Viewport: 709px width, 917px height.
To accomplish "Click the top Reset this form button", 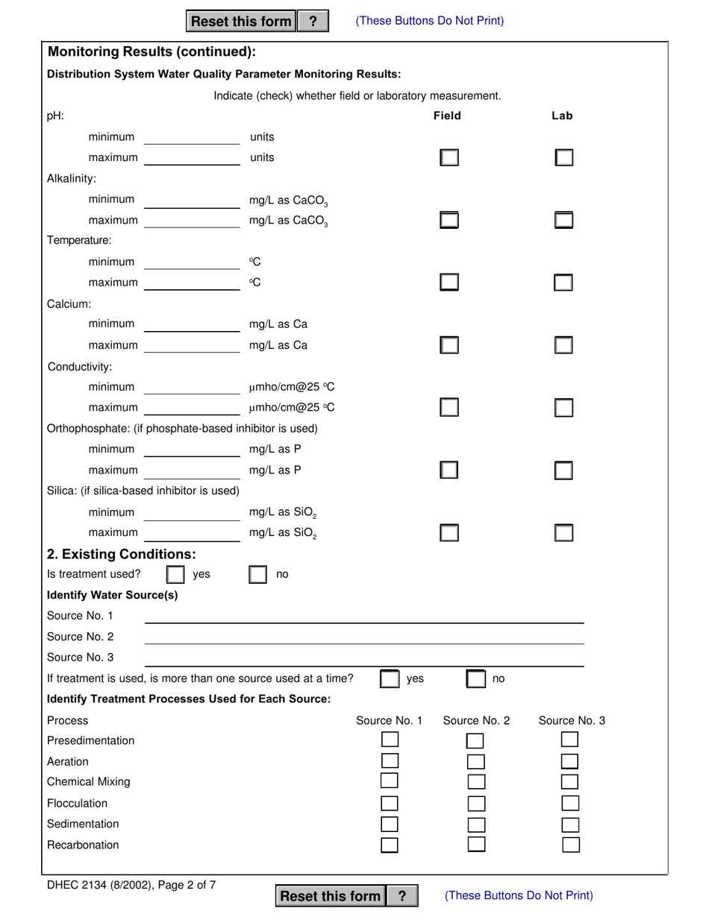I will [241, 22].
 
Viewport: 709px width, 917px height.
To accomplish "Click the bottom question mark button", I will [402, 896].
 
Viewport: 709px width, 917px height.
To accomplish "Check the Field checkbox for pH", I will [449, 158].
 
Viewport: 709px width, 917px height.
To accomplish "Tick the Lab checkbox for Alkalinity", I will [563, 220].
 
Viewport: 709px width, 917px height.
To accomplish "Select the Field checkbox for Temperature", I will [449, 283].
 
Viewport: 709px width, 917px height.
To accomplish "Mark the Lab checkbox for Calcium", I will [563, 345].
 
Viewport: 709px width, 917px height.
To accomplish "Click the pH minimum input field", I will [192, 137].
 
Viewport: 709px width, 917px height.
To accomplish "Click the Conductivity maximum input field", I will [192, 407].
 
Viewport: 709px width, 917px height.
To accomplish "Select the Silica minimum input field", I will [192, 512].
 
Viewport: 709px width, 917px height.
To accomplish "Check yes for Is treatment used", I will [175, 575].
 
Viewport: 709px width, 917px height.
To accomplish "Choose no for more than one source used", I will [476, 679].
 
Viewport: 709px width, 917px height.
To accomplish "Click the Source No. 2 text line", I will [363, 637].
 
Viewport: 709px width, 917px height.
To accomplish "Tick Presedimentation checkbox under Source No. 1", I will [390, 740].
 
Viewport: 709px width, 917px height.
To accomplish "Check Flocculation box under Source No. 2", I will [475, 804].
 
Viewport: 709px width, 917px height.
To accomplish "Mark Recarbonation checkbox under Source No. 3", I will [570, 845].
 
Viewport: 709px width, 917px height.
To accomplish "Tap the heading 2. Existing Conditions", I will [122, 554].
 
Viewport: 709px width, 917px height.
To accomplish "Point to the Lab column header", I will [562, 116].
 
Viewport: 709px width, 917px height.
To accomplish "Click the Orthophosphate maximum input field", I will [192, 470].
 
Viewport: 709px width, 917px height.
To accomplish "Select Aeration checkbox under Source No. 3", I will [570, 761].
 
